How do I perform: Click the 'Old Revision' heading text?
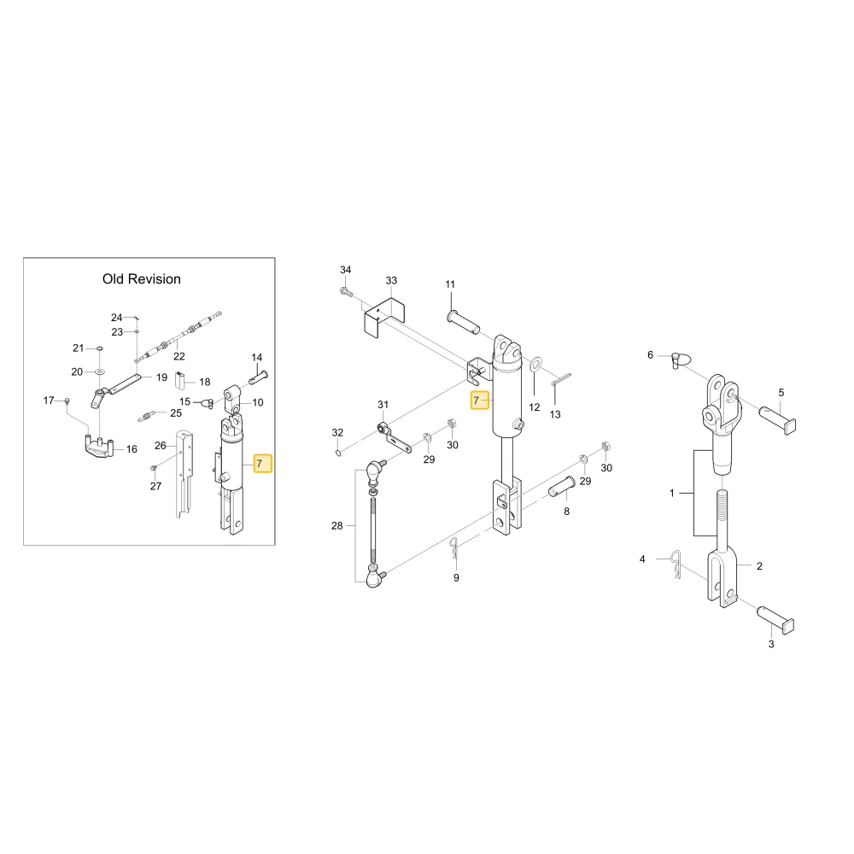coord(142,279)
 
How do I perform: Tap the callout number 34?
coord(346,270)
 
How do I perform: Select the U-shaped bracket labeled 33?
coord(384,318)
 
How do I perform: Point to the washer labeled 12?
coord(536,363)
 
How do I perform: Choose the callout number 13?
coord(555,414)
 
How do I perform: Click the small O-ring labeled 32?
coord(338,453)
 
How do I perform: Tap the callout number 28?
coord(337,525)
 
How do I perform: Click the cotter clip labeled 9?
coord(455,548)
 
